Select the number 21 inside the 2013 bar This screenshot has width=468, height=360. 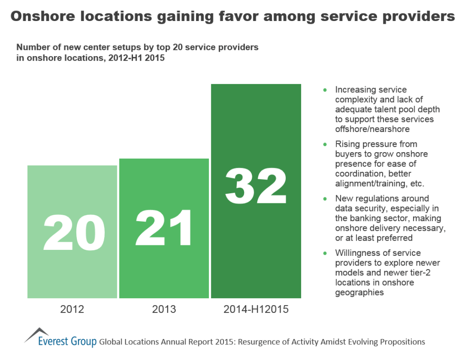(x=164, y=228)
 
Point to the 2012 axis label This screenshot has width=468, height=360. (x=72, y=309)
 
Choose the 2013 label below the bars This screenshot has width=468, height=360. (x=164, y=309)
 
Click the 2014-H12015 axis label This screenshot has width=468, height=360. (x=256, y=309)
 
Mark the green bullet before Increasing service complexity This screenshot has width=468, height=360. (x=325, y=90)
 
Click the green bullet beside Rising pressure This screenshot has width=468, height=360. (x=325, y=144)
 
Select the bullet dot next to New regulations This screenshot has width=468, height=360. (x=325, y=199)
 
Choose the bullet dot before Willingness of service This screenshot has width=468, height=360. (x=325, y=253)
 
